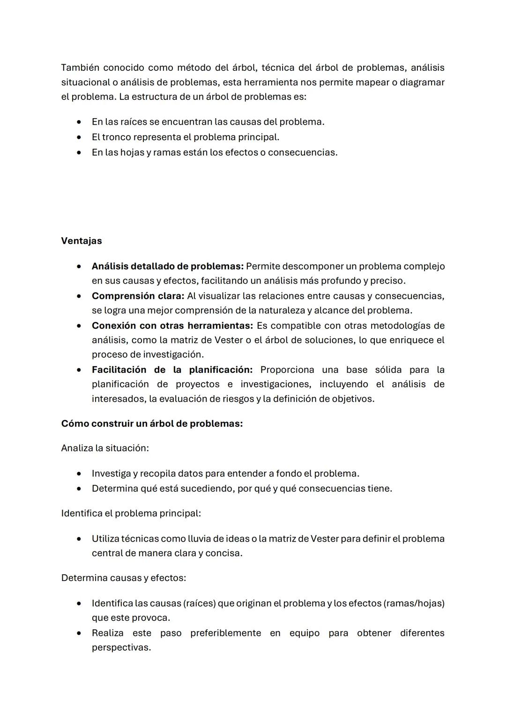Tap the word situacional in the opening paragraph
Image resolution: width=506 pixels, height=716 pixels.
coord(85,82)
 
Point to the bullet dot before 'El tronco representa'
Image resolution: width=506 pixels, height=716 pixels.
coord(81,137)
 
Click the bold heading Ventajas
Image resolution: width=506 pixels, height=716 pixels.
coord(82,241)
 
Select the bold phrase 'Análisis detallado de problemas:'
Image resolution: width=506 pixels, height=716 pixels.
coord(167,266)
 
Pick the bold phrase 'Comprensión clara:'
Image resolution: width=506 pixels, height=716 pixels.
coord(138,296)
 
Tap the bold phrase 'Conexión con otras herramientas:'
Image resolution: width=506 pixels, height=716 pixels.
coord(172,325)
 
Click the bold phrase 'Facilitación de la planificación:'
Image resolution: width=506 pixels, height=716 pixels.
coord(172,369)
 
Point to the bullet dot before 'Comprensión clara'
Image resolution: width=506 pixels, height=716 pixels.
coord(81,296)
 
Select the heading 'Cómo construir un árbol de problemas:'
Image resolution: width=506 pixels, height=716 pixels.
coord(152,423)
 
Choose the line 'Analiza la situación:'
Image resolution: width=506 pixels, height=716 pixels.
coord(105,448)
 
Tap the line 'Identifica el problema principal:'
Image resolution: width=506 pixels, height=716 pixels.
coord(131,513)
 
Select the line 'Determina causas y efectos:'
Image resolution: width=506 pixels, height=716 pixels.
coord(124,578)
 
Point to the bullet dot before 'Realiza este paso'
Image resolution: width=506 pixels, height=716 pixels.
coord(81,633)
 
